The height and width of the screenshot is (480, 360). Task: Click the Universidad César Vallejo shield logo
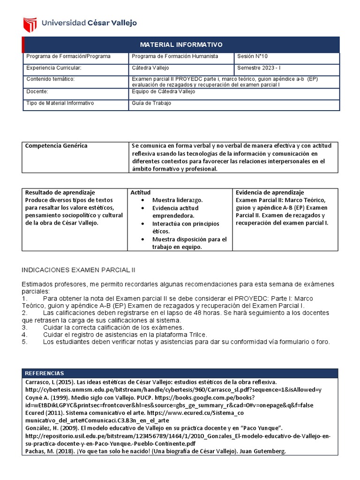tap(30, 24)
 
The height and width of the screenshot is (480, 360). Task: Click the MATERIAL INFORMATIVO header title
tap(181, 45)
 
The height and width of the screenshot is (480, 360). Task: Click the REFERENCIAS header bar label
tap(44, 373)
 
